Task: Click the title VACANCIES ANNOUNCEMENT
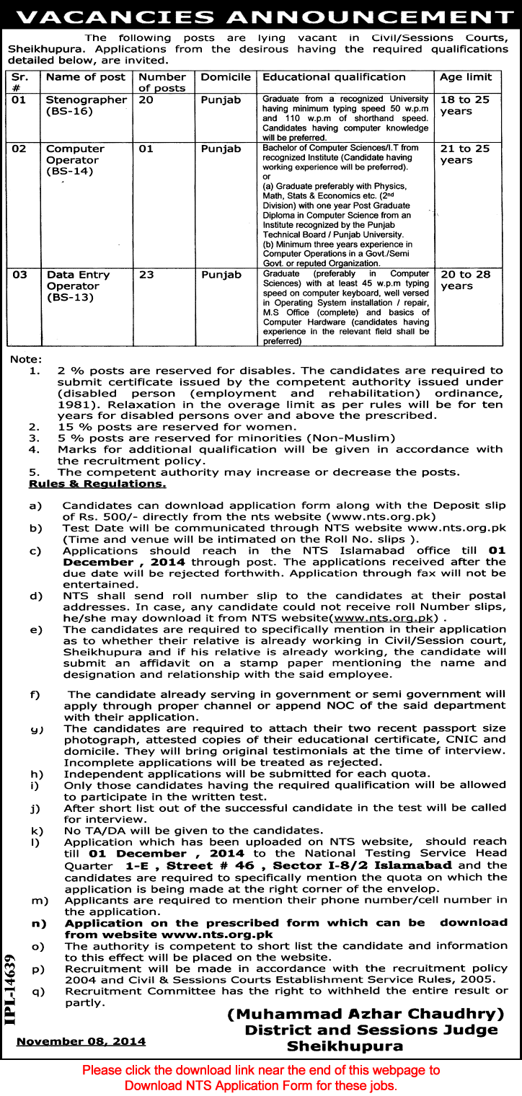point(261,14)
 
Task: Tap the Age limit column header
point(466,77)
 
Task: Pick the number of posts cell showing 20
point(146,100)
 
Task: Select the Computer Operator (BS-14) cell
point(75,160)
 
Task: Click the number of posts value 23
point(146,275)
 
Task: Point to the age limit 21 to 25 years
point(465,154)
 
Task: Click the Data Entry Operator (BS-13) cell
point(78,286)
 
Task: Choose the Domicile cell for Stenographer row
point(221,100)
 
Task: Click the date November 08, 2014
point(81,1041)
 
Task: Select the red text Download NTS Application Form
point(260,1085)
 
